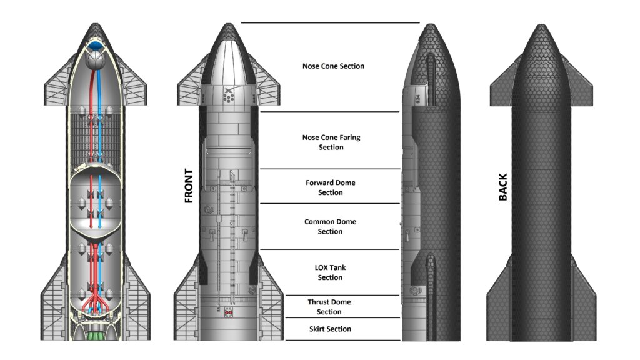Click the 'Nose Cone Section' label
coord(332,66)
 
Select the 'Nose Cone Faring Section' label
coord(331,142)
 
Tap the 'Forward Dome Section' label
coord(331,187)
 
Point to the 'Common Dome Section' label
coord(331,226)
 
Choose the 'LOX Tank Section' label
coord(330,272)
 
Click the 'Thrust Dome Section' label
coord(329,307)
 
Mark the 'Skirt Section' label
coord(330,329)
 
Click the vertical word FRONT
coord(189,186)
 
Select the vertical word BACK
coord(503,187)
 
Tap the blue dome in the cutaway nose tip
coord(96,46)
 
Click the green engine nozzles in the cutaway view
coord(96,335)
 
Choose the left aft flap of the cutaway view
coord(54,300)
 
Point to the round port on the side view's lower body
coord(414,291)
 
